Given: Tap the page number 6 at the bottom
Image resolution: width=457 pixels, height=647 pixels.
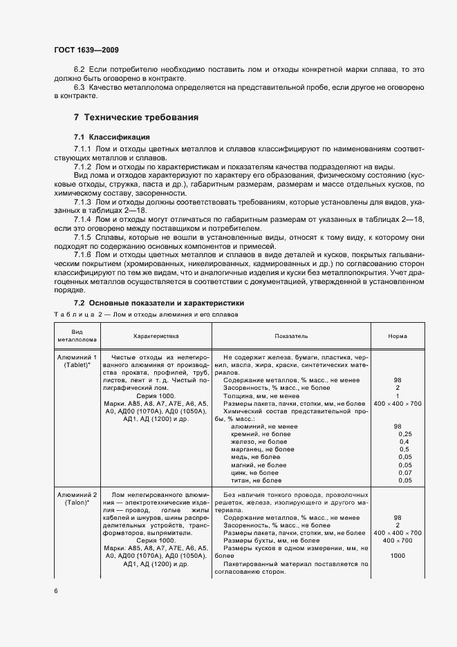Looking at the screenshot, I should (x=56, y=592).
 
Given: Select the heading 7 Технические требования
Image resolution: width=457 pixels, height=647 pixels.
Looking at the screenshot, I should (x=136, y=118).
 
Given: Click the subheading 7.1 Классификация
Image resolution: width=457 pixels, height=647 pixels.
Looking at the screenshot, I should (x=111, y=137).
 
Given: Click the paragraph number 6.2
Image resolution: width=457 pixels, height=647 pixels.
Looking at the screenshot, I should (x=79, y=70).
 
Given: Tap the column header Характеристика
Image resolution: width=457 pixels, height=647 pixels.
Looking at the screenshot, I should (x=156, y=335).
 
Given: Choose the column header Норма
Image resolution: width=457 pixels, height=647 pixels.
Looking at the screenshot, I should (x=398, y=335).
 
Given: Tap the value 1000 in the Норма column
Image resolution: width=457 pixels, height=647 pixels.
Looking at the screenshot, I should (x=398, y=556).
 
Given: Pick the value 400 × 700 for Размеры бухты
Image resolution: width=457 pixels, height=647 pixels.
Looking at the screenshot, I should (x=398, y=541).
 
